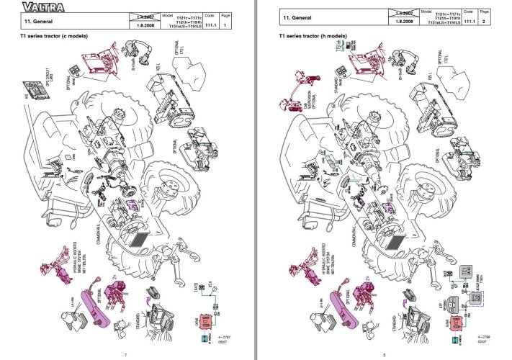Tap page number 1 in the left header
pyautogui.click(x=225, y=24)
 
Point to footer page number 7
pyautogui.click(x=126, y=352)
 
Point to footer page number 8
pyautogui.click(x=384, y=352)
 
